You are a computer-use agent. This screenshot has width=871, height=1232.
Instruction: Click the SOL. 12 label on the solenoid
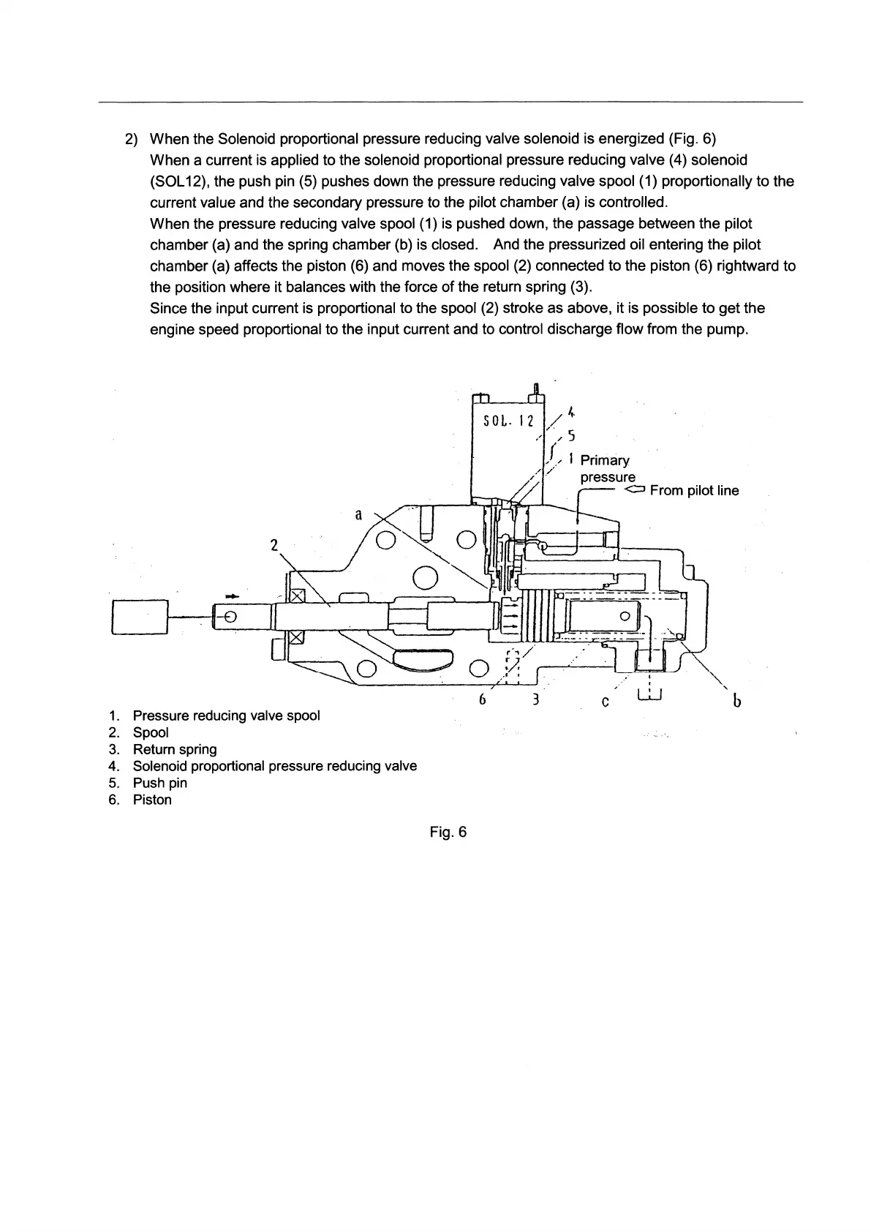[x=508, y=421]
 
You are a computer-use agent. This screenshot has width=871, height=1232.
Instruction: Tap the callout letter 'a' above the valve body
[x=358, y=514]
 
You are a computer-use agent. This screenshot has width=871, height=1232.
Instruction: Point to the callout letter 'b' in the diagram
[x=737, y=702]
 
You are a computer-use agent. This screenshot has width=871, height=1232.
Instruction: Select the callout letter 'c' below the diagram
[x=605, y=702]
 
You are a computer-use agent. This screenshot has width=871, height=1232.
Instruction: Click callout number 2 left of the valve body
[x=274, y=545]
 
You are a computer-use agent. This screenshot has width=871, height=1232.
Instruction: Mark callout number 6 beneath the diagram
[x=482, y=699]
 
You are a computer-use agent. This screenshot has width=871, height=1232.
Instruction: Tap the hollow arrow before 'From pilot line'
[x=635, y=489]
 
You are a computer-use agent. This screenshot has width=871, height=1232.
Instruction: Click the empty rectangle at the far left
[x=140, y=617]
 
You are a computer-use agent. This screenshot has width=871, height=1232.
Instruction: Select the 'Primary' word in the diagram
[x=604, y=460]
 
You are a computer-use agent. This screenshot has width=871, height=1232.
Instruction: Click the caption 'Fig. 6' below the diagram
[x=448, y=832]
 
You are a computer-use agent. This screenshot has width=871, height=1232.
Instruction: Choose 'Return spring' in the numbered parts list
[x=175, y=749]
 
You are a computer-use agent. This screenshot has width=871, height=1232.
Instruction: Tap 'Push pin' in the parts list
[x=159, y=783]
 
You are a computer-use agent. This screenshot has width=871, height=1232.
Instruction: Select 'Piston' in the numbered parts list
[x=152, y=800]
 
